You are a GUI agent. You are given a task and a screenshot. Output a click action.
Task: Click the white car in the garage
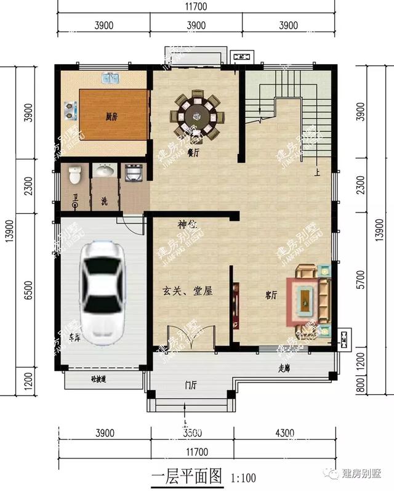[102, 292]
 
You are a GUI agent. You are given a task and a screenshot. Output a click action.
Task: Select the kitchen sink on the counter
[110, 79]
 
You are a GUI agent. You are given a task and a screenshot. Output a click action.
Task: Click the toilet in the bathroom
[75, 176]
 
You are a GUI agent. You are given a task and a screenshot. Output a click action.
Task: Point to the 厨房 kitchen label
[111, 115]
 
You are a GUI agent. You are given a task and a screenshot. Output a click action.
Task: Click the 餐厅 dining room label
[193, 152]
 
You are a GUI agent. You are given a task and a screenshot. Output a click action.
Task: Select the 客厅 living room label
[271, 294]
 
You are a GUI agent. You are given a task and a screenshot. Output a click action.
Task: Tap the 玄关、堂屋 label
[187, 291]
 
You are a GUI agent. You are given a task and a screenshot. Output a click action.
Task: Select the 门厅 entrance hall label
[191, 386]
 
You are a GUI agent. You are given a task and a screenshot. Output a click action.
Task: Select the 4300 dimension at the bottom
[284, 433]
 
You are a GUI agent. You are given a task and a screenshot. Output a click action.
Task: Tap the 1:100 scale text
[243, 477]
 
